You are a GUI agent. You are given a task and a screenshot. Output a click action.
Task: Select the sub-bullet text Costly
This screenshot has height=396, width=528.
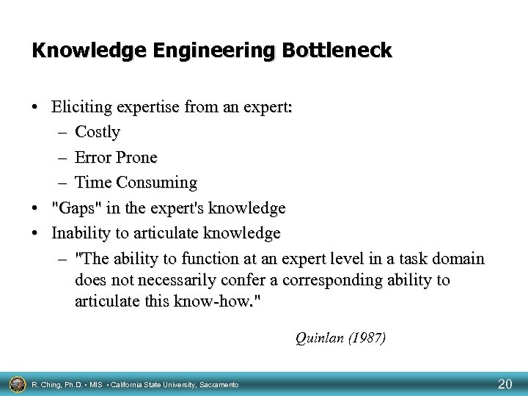pos(98,133)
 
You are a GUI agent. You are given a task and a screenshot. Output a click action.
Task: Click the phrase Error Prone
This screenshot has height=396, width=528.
pos(116,158)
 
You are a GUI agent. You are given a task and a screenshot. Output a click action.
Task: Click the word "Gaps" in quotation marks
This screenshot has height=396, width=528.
pos(76,208)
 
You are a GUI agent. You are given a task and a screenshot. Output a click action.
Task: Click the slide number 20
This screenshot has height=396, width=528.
pos(505,384)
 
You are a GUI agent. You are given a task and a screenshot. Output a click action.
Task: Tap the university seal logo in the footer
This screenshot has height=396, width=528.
pos(15,384)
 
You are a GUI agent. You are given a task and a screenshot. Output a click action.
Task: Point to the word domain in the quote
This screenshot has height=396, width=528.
pos(459,259)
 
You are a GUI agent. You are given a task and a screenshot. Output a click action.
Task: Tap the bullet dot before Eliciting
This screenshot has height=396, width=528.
pos(36,109)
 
